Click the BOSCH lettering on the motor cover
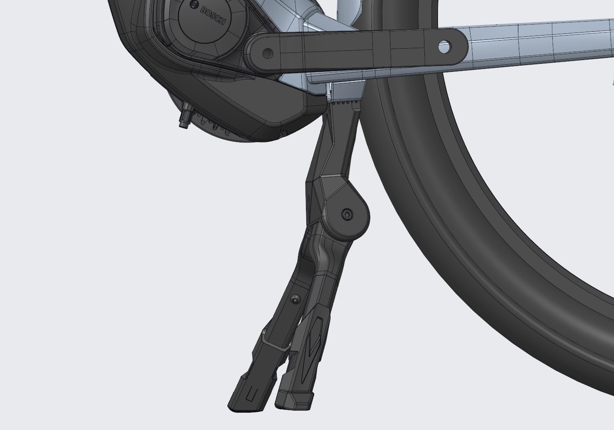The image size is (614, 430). (213, 16)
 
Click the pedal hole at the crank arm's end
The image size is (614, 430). (444, 47)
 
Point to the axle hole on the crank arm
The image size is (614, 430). (268, 53)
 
